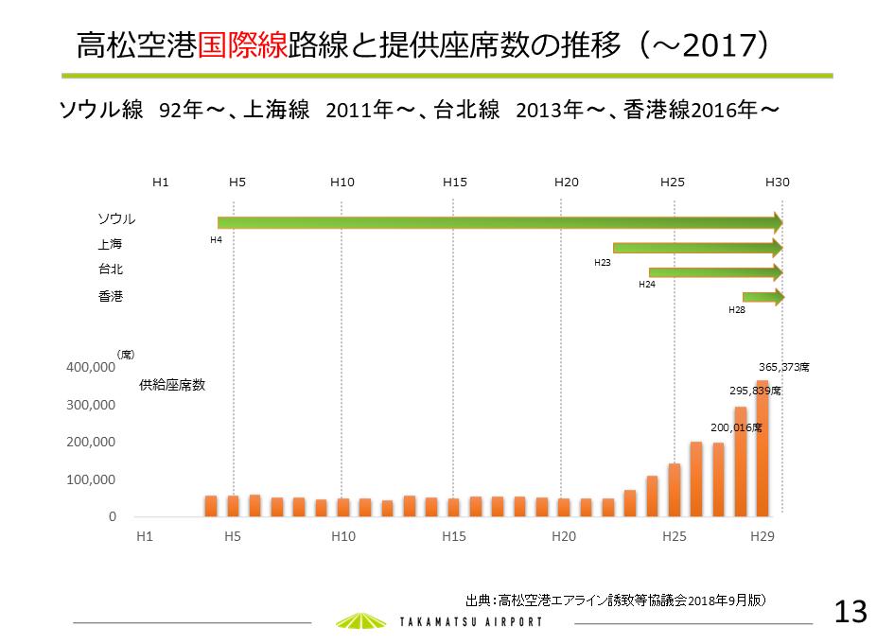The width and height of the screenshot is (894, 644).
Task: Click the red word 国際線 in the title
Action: point(242,44)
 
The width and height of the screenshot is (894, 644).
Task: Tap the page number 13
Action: point(850,612)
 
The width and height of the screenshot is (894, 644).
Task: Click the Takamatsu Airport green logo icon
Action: point(361,620)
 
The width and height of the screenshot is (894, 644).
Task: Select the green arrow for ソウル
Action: point(500,223)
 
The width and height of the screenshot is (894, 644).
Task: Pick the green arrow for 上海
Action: point(697,249)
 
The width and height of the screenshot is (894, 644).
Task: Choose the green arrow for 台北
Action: point(715,273)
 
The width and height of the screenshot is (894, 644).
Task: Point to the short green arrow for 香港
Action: point(763,298)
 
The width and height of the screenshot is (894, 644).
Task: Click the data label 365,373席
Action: point(784,366)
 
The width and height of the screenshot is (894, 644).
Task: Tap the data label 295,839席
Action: point(755,390)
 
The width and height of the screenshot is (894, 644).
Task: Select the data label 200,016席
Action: point(736,427)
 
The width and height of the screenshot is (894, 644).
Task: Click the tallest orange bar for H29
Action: point(763,448)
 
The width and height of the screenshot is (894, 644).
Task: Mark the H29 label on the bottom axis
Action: point(763,537)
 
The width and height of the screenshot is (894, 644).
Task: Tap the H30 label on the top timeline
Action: point(778,182)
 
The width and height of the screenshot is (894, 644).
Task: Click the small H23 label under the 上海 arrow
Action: point(602,262)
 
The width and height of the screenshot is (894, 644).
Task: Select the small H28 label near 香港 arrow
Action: point(736,309)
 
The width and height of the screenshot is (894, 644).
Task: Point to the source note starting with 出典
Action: point(615,600)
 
